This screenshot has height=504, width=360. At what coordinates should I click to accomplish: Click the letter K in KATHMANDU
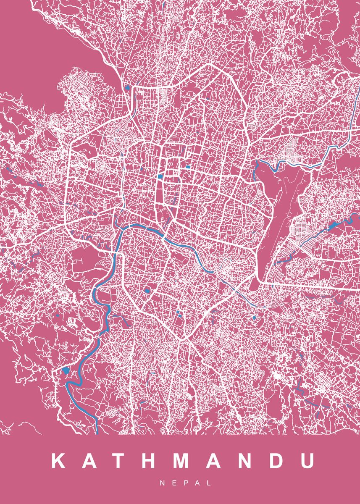(x=58, y=461)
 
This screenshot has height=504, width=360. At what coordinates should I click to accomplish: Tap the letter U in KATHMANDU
(x=307, y=461)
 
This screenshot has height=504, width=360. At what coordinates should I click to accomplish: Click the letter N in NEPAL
(x=162, y=483)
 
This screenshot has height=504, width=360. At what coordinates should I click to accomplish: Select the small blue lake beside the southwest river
(x=65, y=370)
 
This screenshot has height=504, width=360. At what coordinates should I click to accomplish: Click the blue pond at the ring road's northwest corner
(x=126, y=88)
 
